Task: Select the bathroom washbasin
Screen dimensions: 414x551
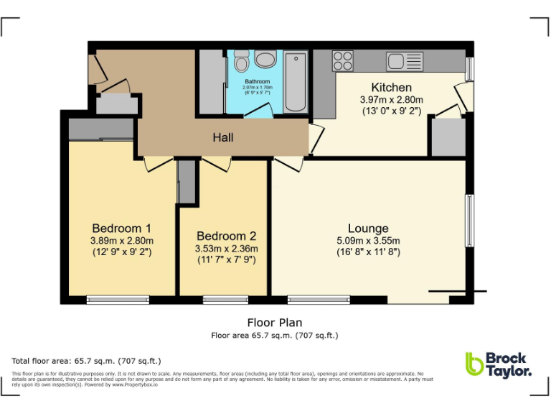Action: (x=265, y=60)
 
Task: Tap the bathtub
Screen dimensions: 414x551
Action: (x=295, y=81)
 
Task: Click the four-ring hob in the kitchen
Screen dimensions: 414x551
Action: (x=343, y=61)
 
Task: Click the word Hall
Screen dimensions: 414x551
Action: (x=222, y=137)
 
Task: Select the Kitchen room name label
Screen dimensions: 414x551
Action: (x=391, y=88)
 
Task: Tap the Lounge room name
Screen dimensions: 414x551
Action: (x=368, y=229)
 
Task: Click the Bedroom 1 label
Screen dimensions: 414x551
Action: (x=121, y=229)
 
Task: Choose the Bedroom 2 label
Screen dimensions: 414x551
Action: (x=226, y=236)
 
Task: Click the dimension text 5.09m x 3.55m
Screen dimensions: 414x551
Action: (x=368, y=241)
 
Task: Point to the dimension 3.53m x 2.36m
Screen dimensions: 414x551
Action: (x=226, y=249)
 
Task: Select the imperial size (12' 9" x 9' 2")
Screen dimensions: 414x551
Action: (x=121, y=252)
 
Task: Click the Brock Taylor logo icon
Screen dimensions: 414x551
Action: (x=474, y=364)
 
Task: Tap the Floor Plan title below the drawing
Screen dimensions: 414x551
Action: (x=275, y=323)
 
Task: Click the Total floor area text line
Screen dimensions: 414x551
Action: (x=87, y=361)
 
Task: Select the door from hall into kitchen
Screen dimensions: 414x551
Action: (x=316, y=139)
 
